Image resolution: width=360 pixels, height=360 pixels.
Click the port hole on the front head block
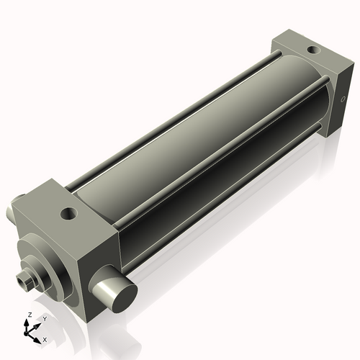[x=68, y=213]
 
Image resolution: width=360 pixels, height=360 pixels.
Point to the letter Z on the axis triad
[x=27, y=315]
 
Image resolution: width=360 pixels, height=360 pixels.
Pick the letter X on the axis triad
[x=45, y=338]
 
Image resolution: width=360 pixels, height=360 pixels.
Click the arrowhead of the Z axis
[x=27, y=322]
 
